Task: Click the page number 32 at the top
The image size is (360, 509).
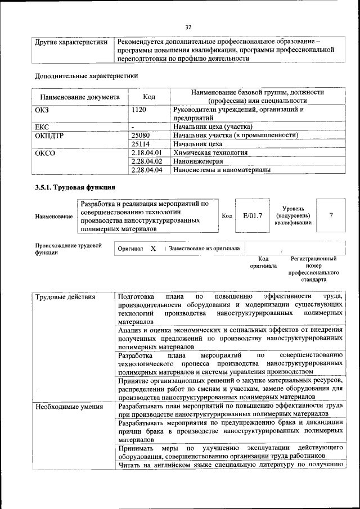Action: click(188, 26)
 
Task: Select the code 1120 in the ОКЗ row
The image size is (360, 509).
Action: click(139, 110)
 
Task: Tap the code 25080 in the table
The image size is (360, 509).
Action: click(140, 136)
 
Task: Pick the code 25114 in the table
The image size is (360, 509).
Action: click(140, 144)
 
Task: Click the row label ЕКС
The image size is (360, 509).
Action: click(43, 127)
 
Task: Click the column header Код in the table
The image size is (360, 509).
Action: click(149, 97)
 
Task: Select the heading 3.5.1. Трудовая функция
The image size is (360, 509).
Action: click(75, 188)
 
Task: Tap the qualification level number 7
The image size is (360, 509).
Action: click(331, 215)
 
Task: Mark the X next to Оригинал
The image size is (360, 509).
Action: click(153, 248)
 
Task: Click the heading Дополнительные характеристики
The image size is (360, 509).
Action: click(86, 75)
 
